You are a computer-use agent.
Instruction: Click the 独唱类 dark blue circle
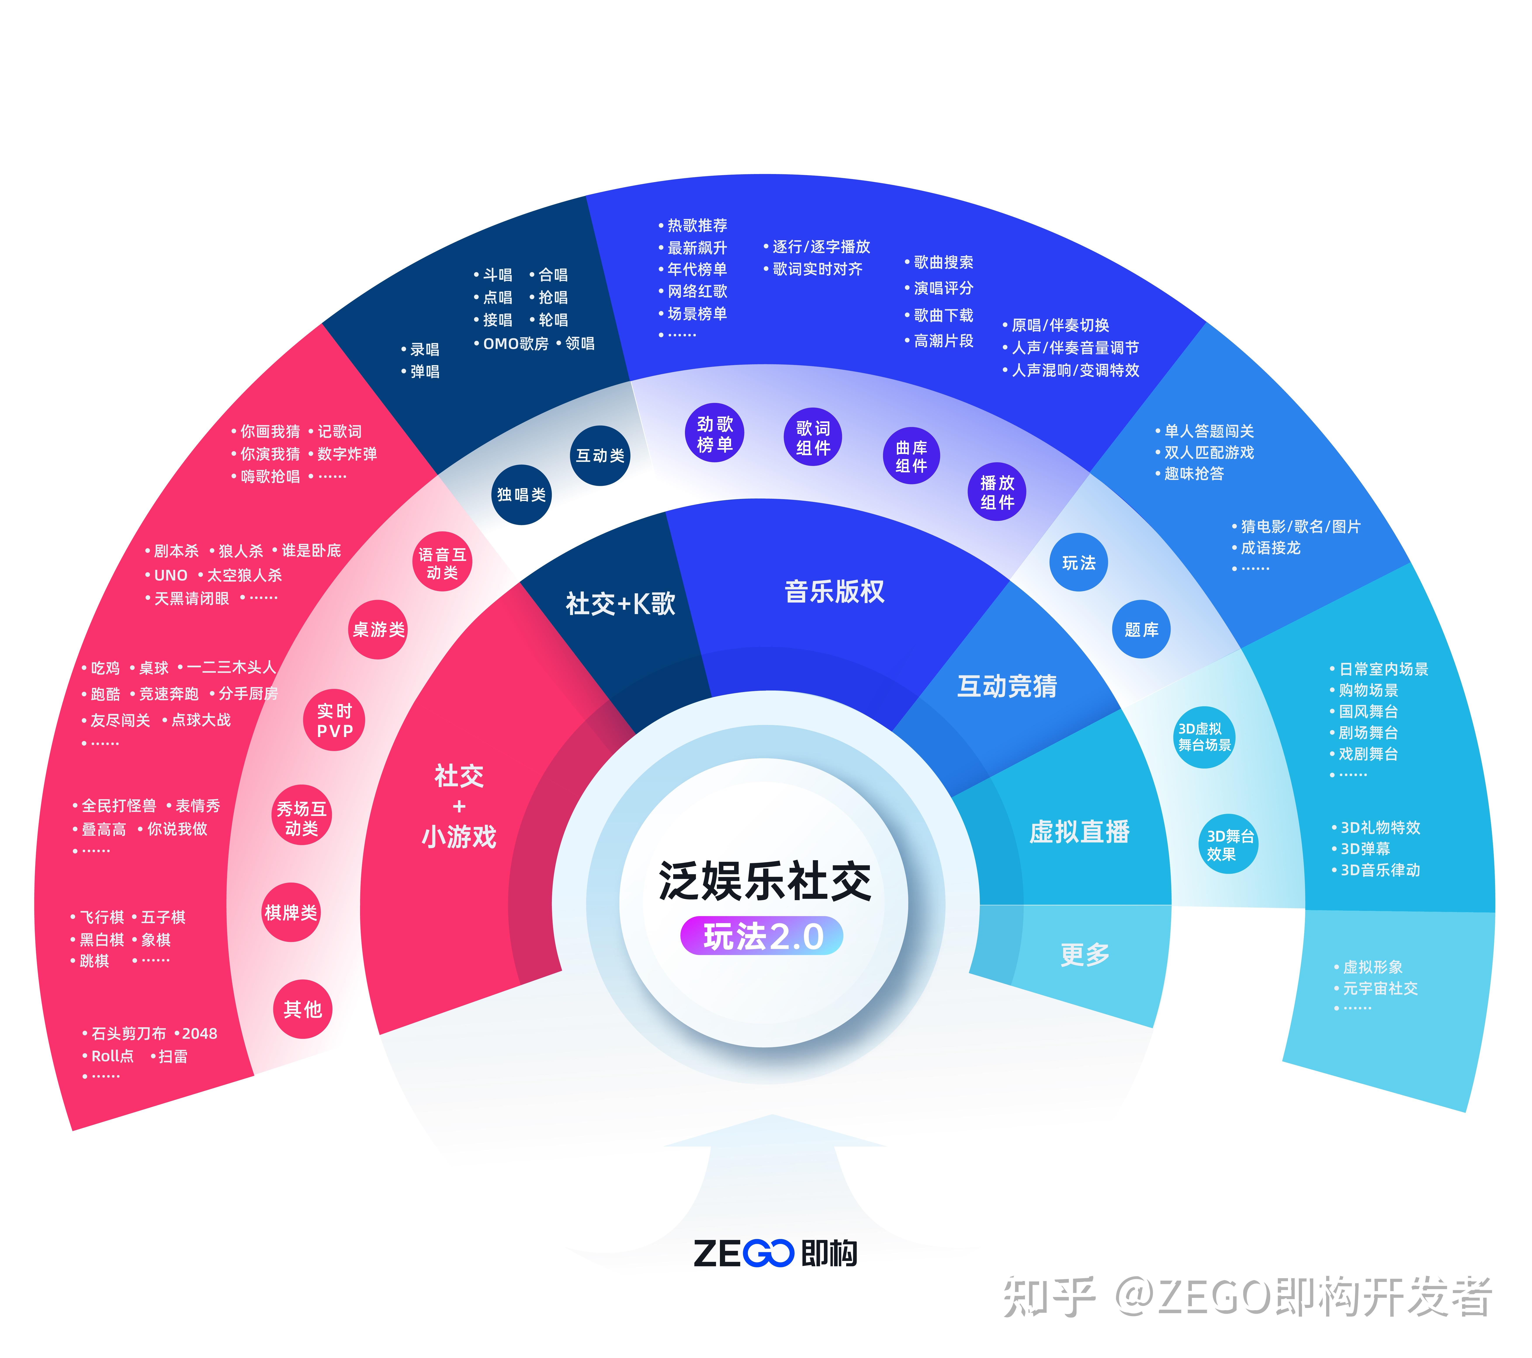coord(521,495)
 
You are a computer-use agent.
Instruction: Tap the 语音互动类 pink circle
coord(442,563)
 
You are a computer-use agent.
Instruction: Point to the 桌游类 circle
coord(378,630)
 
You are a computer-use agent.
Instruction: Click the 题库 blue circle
coord(1141,630)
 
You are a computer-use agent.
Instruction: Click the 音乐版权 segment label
coord(834,592)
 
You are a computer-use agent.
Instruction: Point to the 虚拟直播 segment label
coord(1079,832)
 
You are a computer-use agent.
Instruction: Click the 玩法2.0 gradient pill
coord(762,937)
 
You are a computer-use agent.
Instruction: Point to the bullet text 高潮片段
coord(943,341)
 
